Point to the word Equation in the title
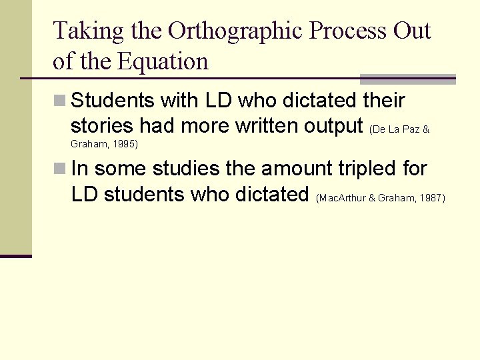coord(163,61)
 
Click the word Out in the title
coord(412,31)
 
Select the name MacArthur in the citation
coord(342,198)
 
